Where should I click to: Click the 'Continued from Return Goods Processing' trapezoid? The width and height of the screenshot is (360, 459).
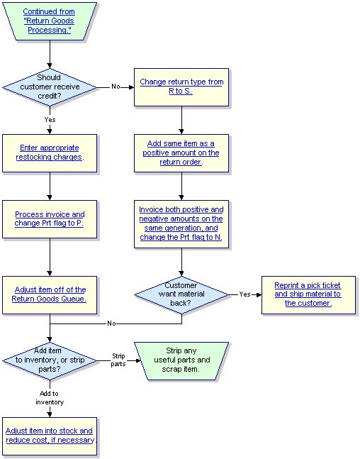click(50, 21)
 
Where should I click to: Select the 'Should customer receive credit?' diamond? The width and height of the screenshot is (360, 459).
click(50, 87)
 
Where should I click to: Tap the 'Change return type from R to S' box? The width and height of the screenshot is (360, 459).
click(181, 87)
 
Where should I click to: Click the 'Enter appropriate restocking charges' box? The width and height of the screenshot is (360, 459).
click(50, 153)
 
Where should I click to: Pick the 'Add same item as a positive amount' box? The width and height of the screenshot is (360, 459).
click(181, 153)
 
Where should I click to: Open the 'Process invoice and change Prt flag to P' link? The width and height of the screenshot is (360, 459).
click(50, 219)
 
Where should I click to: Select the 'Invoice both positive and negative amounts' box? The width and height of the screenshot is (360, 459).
click(181, 224)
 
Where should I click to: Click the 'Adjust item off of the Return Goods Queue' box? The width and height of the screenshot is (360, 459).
click(50, 295)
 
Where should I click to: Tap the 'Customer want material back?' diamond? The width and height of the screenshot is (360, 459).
click(181, 295)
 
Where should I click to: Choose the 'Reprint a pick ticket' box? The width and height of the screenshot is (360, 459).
click(308, 295)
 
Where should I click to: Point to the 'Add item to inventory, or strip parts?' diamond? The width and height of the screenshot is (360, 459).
click(50, 361)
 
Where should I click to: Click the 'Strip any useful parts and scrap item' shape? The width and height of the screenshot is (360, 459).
click(181, 361)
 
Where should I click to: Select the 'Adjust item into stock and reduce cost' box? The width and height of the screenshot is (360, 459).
click(50, 436)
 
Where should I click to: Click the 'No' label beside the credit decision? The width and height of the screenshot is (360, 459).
click(116, 87)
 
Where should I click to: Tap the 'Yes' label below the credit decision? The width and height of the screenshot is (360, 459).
click(50, 119)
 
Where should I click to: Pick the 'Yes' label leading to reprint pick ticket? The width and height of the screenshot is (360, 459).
click(244, 294)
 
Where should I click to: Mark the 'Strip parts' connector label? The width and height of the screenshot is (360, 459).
click(118, 360)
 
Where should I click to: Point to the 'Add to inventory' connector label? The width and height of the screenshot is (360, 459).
click(50, 398)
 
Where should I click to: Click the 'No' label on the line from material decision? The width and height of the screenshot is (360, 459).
click(111, 323)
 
